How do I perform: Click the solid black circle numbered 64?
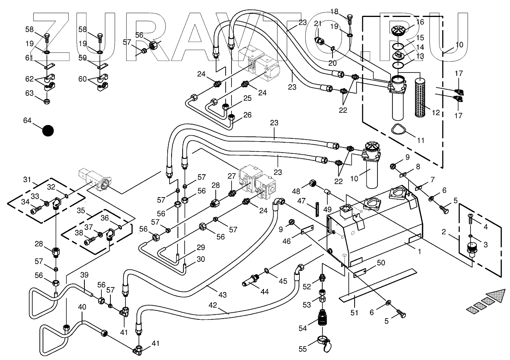(x=48, y=131)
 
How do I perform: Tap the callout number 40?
(x=82, y=306)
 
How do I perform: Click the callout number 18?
(x=334, y=11)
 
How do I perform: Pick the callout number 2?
(x=444, y=232)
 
